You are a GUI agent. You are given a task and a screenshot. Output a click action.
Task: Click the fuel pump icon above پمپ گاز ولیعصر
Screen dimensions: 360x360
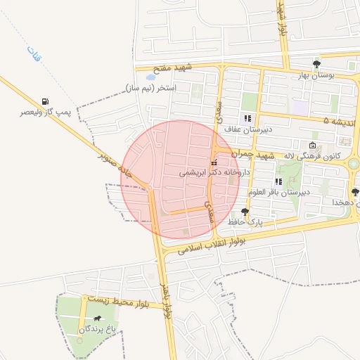coord(46,101)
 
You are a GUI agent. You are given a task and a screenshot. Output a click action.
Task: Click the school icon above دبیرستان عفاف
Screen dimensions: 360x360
coord(247,118)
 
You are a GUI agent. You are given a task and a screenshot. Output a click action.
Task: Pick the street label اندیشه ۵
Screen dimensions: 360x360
coord(341,121)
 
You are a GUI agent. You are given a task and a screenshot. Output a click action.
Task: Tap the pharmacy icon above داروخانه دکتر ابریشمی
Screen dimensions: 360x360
coord(214,163)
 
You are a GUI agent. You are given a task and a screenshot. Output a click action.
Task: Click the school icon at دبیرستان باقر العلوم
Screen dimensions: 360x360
coord(278,181)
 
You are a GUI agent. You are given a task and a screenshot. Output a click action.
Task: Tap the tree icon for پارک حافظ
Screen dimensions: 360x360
coord(245,211)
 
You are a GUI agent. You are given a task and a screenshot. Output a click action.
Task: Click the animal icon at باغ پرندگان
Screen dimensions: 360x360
coord(96,319)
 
